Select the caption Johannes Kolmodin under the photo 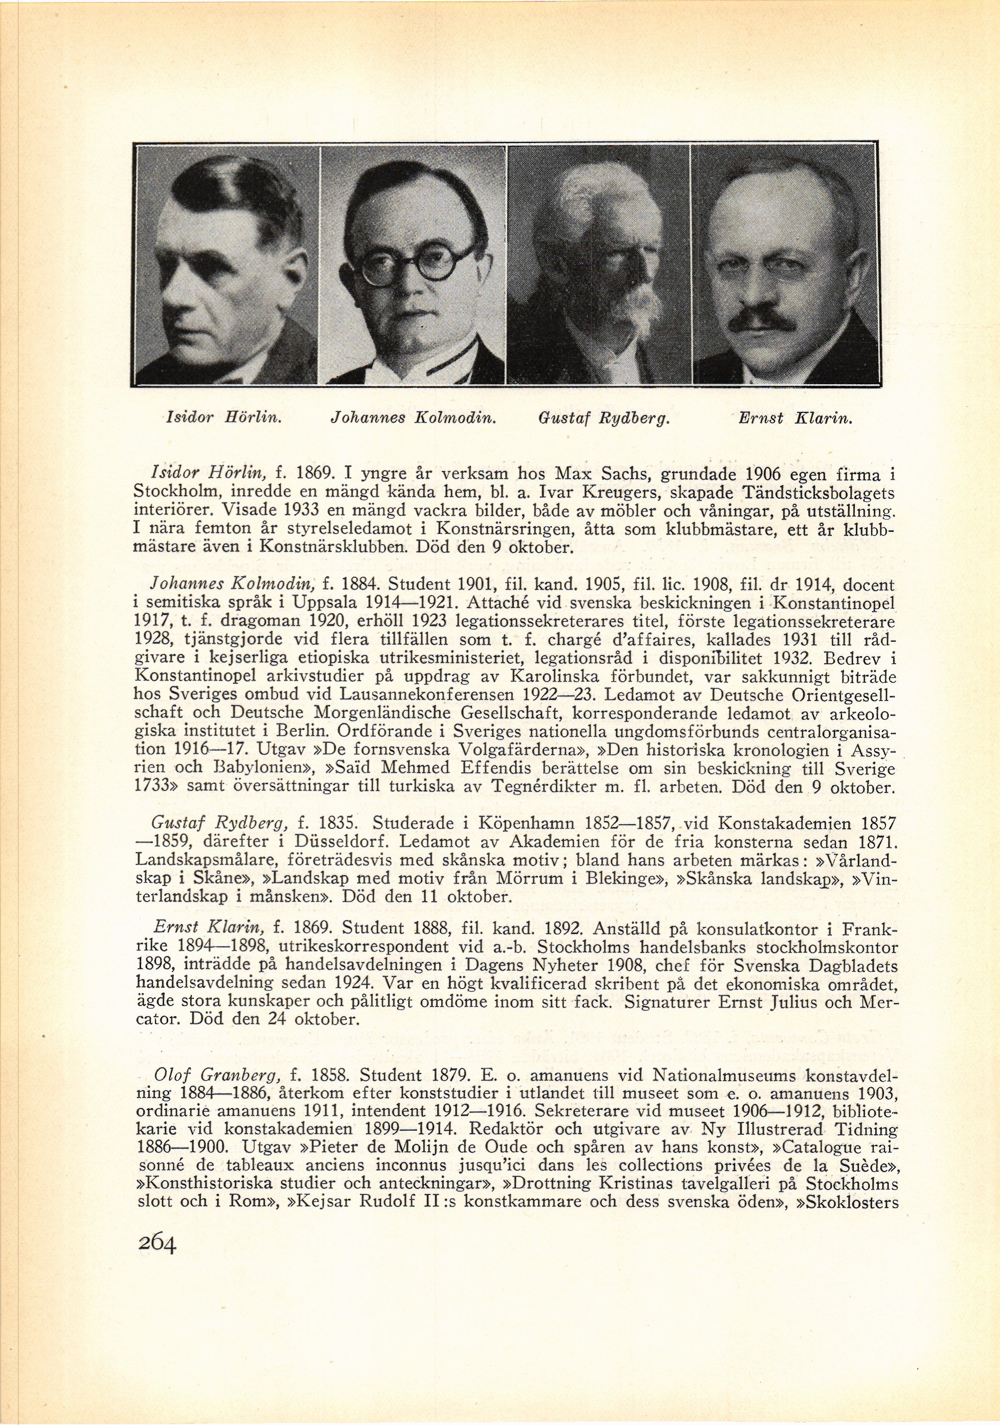point(412,418)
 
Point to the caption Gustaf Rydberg point(602,418)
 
